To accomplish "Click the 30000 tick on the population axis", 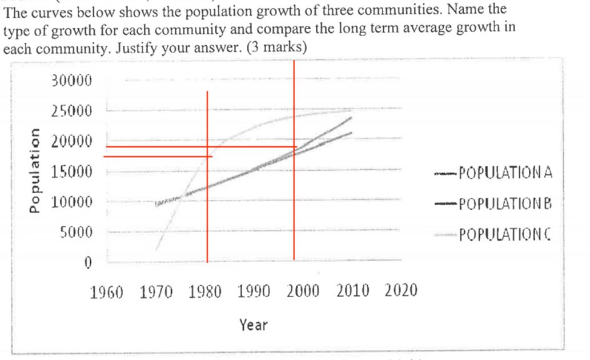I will [x=71, y=81].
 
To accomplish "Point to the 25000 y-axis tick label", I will [x=71, y=111].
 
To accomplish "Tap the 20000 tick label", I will [x=71, y=141].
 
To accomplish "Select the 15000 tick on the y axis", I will [x=71, y=172].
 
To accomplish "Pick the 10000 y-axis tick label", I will [x=71, y=202].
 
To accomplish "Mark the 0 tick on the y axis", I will [x=88, y=263].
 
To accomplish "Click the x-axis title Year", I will [x=253, y=325].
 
